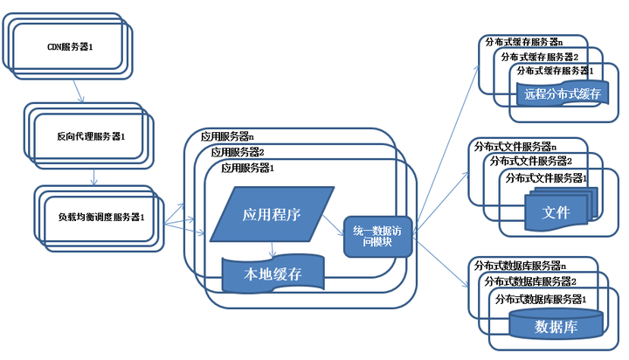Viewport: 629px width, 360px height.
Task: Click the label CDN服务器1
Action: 70,47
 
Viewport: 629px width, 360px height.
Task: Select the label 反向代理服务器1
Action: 91,136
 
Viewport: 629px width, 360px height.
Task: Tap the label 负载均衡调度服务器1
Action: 101,217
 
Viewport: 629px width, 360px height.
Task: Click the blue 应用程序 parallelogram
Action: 272,214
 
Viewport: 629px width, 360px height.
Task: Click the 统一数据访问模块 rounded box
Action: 378,237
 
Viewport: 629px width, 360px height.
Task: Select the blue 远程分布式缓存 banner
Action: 563,93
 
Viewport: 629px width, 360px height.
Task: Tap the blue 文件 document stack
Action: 561,210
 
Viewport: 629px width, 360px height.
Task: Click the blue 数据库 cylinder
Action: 556,324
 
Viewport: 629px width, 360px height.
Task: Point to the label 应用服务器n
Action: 227,136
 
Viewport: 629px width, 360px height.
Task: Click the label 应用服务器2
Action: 238,152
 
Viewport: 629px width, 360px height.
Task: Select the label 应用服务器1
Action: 247,168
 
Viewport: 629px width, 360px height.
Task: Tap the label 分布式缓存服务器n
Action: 524,42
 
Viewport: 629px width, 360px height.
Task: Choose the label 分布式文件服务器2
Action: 531,162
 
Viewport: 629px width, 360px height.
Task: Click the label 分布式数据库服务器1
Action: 541,299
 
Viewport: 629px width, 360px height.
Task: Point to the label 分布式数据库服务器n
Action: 521,266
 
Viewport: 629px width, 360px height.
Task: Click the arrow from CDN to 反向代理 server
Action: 79,91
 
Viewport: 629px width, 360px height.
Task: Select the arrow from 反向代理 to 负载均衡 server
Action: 93,177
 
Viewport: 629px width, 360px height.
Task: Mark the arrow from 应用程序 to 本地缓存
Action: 273,249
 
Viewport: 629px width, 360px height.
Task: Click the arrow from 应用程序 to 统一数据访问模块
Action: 334,225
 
